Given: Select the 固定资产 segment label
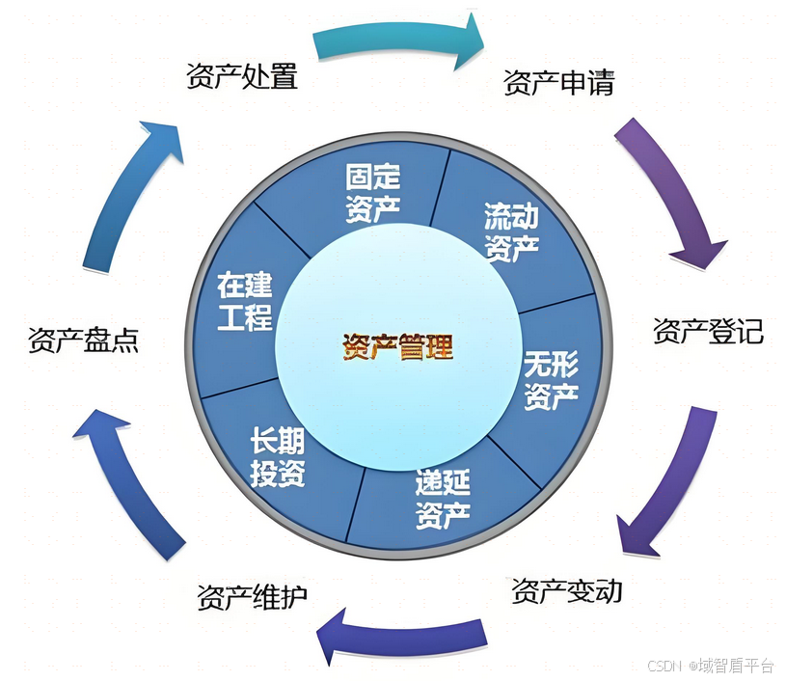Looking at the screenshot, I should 372,193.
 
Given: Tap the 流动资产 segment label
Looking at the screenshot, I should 511,232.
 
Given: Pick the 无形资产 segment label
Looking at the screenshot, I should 551,380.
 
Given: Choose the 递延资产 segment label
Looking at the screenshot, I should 443,500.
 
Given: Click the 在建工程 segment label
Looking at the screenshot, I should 245,301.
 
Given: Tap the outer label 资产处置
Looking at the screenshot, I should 241,76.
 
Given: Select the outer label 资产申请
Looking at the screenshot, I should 558,83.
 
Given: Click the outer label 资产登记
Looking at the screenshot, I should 708,331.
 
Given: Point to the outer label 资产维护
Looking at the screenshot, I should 252,597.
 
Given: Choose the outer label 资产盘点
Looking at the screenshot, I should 83,340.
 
